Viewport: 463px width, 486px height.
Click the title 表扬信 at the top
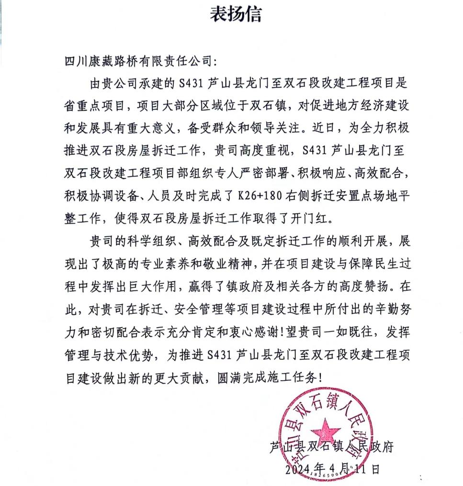click(236, 15)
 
